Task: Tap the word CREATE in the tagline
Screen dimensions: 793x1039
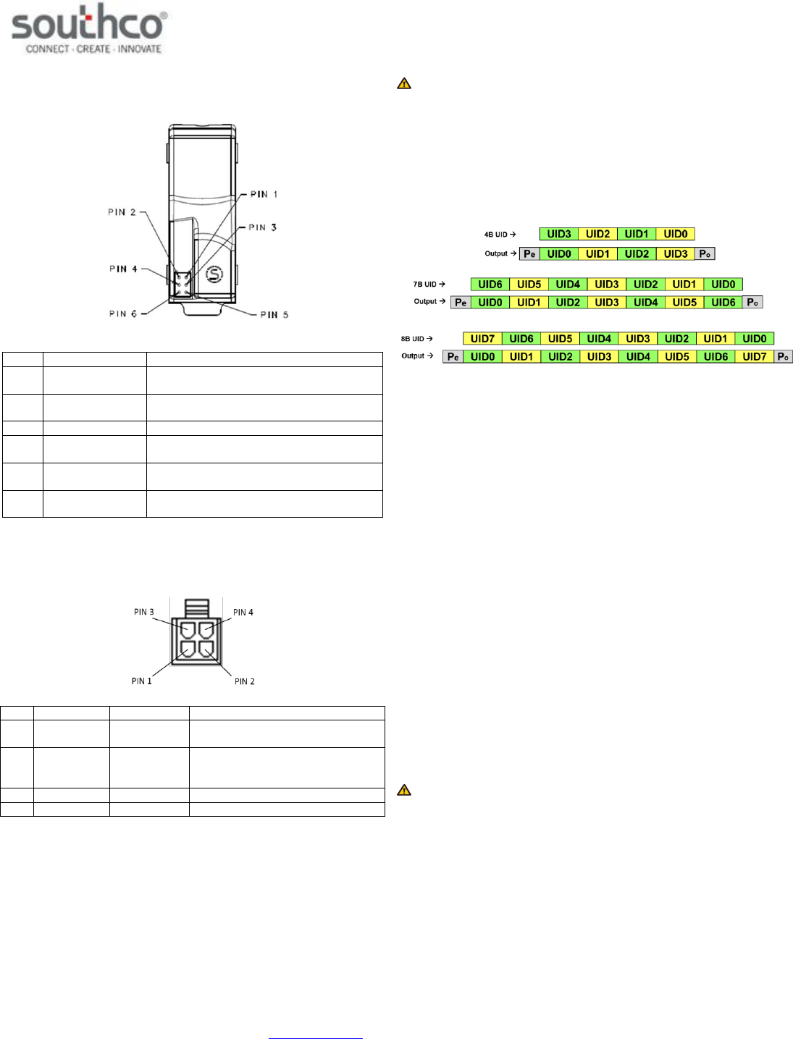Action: [93, 49]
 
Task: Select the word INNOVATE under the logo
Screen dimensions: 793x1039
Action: [140, 49]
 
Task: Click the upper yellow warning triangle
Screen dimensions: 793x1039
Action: [404, 84]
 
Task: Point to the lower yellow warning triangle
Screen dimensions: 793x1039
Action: [404, 790]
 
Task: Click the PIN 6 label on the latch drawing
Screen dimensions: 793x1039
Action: [123, 314]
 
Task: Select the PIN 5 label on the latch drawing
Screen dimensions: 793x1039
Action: [274, 315]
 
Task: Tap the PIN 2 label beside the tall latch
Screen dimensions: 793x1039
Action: [122, 212]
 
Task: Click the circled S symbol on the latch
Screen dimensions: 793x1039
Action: [214, 274]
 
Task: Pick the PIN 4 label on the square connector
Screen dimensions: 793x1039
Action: [243, 612]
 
